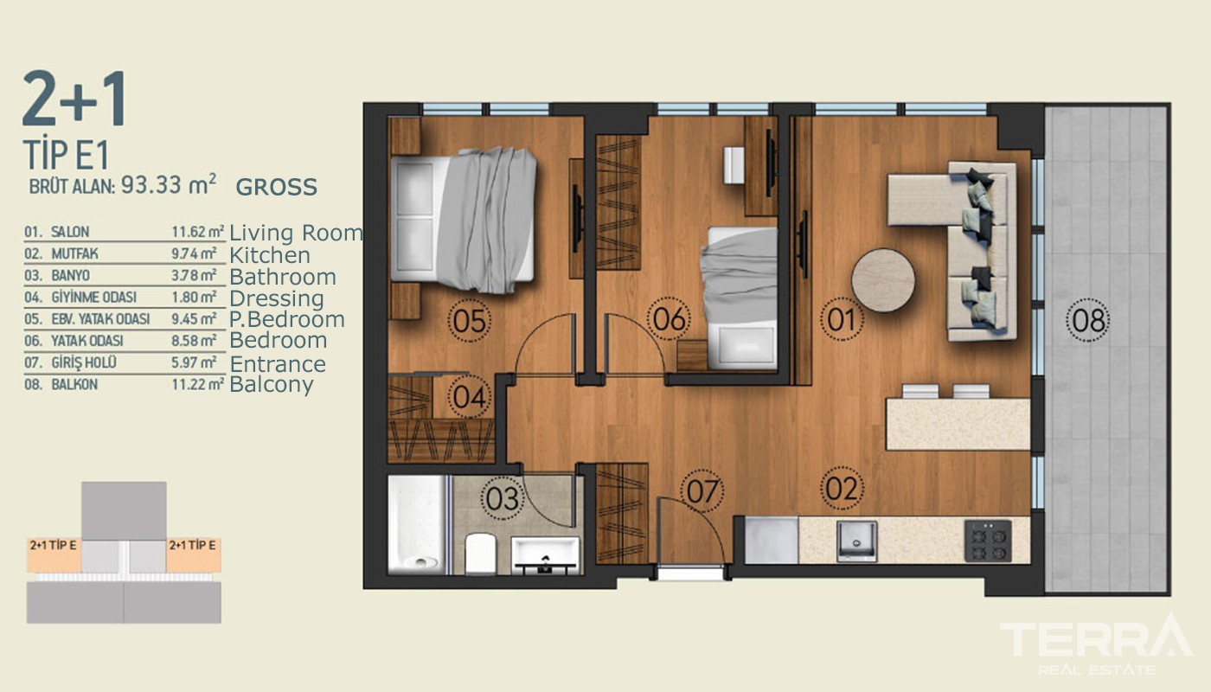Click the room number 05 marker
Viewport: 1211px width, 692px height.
[469, 320]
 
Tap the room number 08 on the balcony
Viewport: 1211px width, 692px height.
[1088, 319]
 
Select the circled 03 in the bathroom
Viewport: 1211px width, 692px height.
[503, 498]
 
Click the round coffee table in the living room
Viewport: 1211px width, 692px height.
[883, 280]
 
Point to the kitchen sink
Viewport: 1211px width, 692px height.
[856, 541]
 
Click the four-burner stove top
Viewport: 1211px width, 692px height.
[988, 541]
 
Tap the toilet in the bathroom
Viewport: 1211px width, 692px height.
[480, 554]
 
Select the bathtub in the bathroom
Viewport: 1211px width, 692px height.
[417, 524]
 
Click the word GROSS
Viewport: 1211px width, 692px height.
[276, 187]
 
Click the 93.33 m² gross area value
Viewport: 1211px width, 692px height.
[168, 184]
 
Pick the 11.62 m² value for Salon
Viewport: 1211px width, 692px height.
[198, 232]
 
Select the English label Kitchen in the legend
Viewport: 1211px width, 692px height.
[270, 254]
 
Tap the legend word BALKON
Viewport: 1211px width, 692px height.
[74, 385]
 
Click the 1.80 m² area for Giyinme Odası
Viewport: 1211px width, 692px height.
[194, 298]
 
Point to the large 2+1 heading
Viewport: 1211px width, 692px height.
[75, 99]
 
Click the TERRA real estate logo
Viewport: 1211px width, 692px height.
[1096, 644]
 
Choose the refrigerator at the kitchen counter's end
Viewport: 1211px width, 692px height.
[772, 540]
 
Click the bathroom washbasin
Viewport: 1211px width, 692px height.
[545, 555]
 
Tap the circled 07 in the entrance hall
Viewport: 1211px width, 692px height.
[702, 491]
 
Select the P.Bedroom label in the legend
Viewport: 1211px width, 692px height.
[287, 319]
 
